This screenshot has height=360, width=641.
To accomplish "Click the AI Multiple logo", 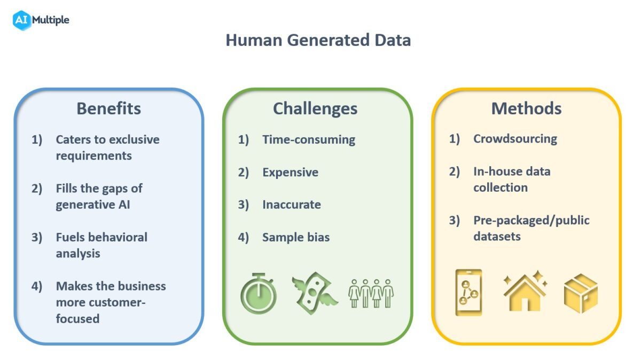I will point(41,20).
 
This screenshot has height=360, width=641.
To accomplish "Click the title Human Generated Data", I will point(318,40).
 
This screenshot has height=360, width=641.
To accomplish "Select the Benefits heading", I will point(108,108).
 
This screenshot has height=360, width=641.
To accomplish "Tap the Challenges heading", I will point(315,108).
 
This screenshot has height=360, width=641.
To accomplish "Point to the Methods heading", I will point(526,108).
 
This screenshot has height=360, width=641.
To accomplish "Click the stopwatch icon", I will point(259,293).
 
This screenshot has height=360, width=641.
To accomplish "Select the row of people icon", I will point(371,293).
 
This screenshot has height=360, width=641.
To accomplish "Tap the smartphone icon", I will point(468,292).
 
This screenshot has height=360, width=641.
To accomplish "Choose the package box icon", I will point(581,292).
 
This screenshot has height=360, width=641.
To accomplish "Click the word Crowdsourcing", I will point(515,139).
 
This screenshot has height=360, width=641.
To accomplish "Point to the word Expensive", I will point(290,172).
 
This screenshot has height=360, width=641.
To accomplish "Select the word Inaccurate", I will point(292,205).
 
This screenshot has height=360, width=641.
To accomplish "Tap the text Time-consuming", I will point(309,139).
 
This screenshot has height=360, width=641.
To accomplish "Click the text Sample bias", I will point(296,237).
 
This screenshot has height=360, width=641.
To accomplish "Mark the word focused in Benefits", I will point(77,319).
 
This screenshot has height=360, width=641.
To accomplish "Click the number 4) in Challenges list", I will point(243,237).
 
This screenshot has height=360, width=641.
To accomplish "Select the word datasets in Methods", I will point(497,236).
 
